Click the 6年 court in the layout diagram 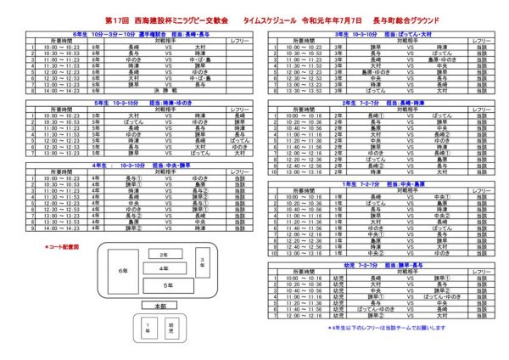point(123,270)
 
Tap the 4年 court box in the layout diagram point(163,269)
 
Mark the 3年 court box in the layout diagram point(203,265)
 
